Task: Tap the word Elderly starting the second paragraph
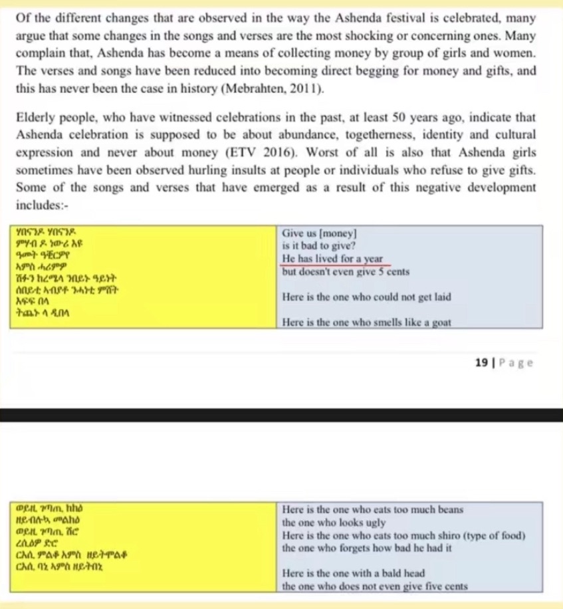35,118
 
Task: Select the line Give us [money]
319,233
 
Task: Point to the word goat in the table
439,323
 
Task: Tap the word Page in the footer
516,362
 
